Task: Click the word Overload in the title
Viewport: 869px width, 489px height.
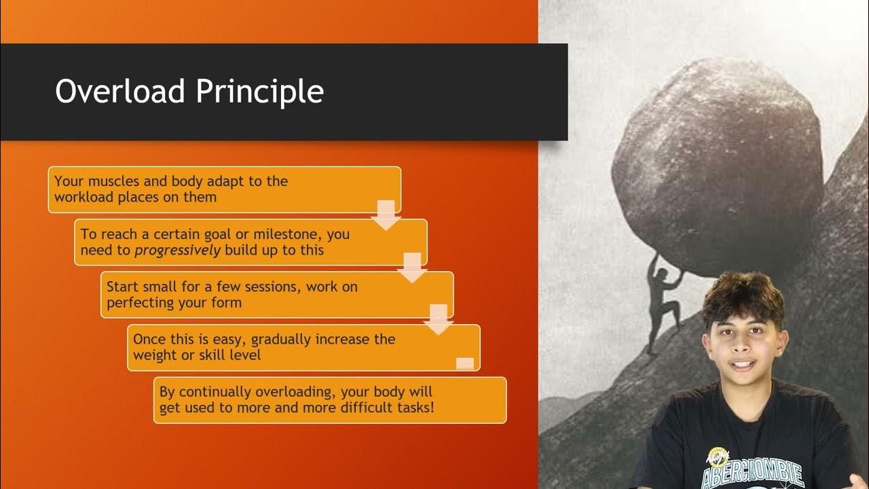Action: tap(118, 92)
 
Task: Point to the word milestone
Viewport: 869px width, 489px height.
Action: tap(288, 234)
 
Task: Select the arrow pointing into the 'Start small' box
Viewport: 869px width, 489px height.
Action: tap(412, 268)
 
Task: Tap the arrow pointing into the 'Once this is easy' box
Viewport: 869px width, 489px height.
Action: tap(439, 319)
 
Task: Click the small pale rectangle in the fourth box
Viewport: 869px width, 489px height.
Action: tap(465, 363)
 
